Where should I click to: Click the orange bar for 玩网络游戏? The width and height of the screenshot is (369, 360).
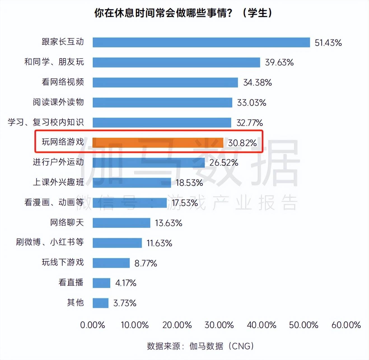[158, 142]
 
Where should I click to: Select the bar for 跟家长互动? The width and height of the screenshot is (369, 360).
[201, 42]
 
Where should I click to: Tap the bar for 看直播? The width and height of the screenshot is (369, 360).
[101, 283]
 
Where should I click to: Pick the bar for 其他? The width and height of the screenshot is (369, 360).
[101, 303]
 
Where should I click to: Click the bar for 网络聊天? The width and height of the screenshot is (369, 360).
[122, 223]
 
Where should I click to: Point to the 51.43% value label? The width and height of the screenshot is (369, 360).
[328, 43]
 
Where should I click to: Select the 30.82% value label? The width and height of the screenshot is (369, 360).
[242, 143]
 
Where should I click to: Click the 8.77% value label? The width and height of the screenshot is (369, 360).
[146, 263]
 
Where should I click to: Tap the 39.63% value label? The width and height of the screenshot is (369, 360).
[279, 62]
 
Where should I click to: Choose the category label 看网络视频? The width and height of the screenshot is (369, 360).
[63, 82]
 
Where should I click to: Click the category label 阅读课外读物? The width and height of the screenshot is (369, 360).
[58, 102]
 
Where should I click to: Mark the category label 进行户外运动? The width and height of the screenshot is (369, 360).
[58, 162]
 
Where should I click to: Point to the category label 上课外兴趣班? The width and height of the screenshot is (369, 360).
[58, 182]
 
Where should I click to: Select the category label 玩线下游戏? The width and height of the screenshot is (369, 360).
[63, 262]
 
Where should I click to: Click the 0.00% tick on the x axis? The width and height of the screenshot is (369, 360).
[92, 325]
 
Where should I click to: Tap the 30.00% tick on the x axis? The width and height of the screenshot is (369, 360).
[219, 325]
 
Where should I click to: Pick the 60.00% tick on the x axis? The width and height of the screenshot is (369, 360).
[346, 325]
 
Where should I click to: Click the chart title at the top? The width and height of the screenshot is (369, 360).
[183, 13]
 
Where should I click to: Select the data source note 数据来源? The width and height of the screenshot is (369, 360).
[200, 346]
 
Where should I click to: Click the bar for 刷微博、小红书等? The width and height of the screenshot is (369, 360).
[117, 243]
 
